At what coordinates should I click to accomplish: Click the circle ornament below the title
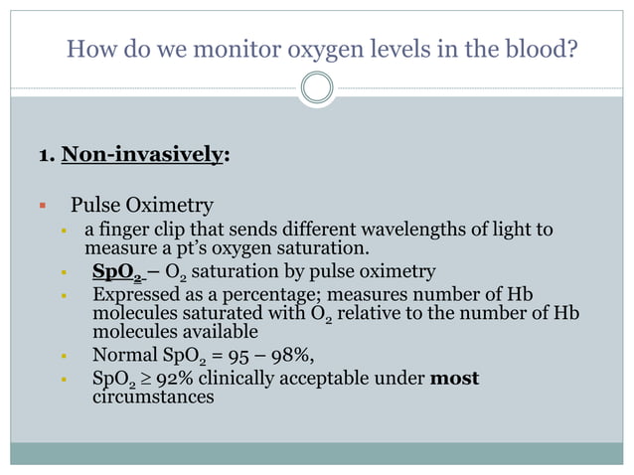[x=316, y=88]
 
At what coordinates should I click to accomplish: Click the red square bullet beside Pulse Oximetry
[x=42, y=207]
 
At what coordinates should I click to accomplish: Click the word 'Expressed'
[x=135, y=296]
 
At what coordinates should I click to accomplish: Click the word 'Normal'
[x=122, y=355]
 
